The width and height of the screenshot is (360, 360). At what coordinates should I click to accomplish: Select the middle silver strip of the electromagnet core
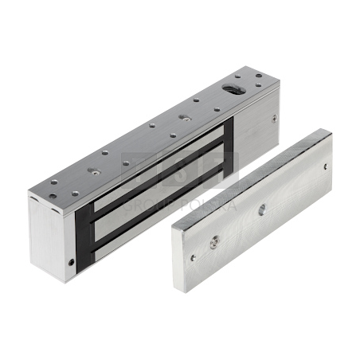(x=159, y=185)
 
